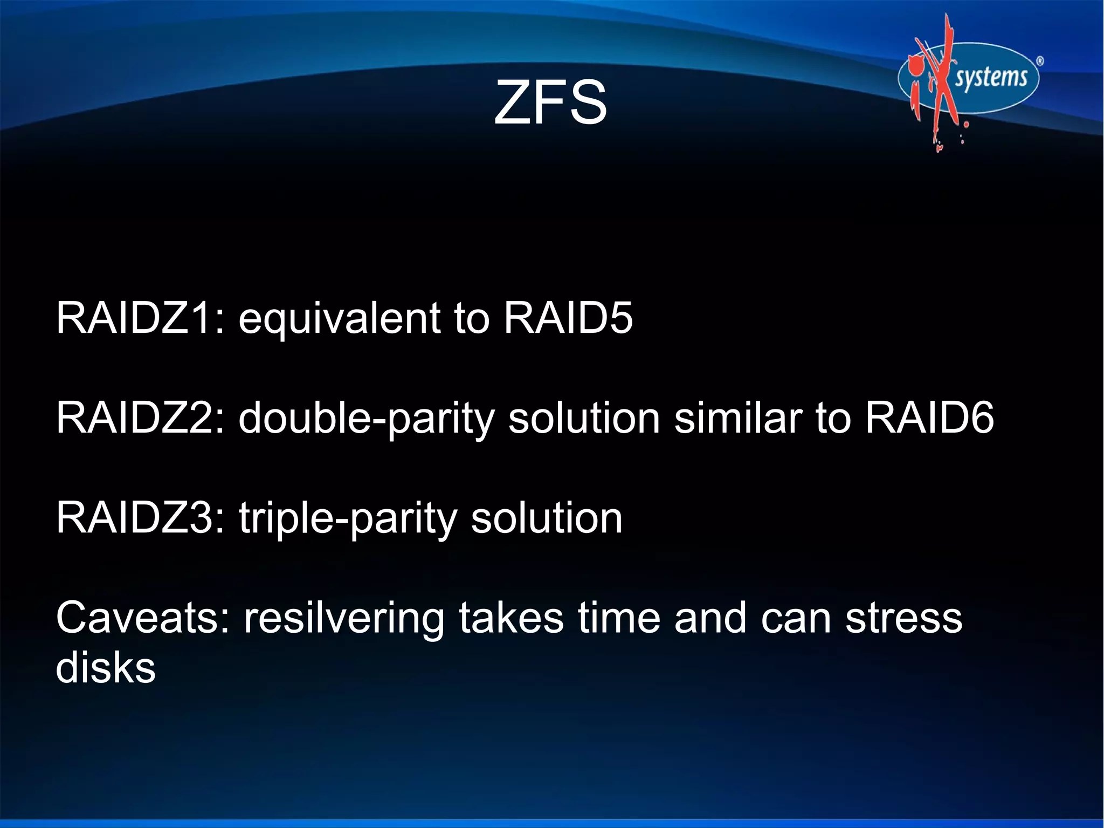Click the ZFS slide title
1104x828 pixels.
point(550,102)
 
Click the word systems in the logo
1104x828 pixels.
point(991,77)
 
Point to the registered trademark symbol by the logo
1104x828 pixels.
point(1040,61)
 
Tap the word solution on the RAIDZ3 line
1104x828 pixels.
point(547,517)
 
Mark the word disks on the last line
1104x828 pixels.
point(106,668)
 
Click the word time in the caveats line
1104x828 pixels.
point(619,618)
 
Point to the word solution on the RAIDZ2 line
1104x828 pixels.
point(584,418)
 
